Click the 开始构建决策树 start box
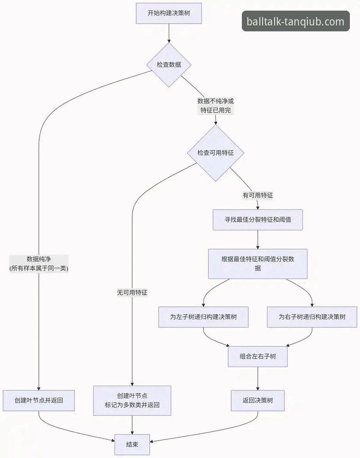[169, 13]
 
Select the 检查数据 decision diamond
[169, 65]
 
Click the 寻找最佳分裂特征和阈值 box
[258, 220]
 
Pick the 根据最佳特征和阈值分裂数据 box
[258, 264]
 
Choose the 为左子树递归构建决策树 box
[204, 317]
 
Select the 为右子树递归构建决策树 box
[312, 317]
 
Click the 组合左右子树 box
[258, 357]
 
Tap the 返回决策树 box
[258, 400]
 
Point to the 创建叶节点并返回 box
[39, 400]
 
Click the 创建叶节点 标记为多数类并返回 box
[132, 400]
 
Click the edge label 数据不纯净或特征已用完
[216, 106]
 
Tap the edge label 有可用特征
[258, 195]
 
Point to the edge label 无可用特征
[132, 292]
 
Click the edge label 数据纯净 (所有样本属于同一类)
[39, 264]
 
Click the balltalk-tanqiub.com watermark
[295, 21]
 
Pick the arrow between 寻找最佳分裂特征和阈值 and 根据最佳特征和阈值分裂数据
[258, 239]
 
